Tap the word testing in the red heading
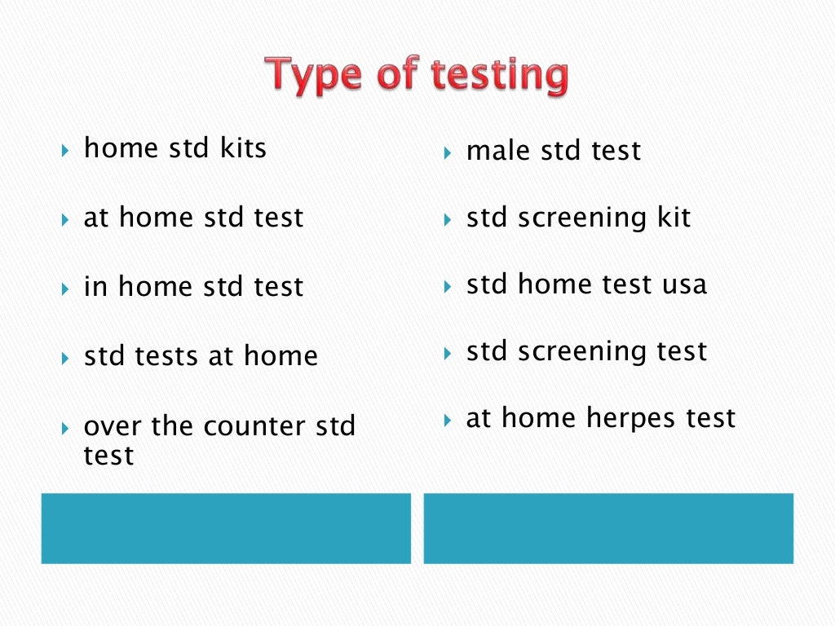[x=499, y=77]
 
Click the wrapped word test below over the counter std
[x=108, y=455]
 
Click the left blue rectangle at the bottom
[x=226, y=528]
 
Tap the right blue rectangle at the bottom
[x=608, y=528]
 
